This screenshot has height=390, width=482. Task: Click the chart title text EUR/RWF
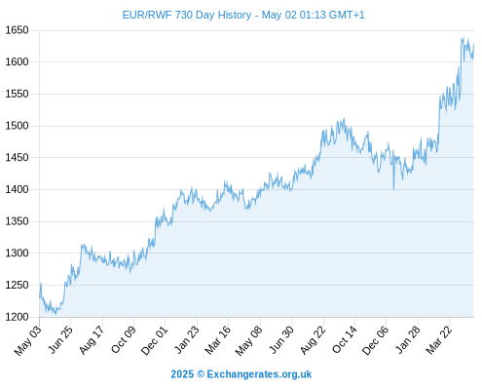pos(147,15)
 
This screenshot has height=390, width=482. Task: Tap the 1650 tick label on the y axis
pos(17,30)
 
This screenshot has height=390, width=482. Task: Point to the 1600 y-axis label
pos(17,61)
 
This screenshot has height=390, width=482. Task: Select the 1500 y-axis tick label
pos(17,126)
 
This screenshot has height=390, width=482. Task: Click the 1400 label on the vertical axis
pos(17,189)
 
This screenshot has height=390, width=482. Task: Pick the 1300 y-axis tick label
pos(17,253)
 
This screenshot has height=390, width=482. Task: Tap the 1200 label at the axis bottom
pos(17,317)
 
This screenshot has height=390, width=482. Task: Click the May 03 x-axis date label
pos(28,340)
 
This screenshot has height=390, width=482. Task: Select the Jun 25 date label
pos(60,339)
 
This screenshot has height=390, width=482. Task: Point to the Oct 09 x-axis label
pos(123,339)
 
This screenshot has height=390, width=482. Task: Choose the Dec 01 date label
pos(154,340)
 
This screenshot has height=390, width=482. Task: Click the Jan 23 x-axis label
pos(186,339)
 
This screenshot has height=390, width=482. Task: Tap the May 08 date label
pos(248,340)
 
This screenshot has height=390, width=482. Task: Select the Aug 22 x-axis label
pos(312,339)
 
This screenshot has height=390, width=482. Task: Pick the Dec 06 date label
pos(375,340)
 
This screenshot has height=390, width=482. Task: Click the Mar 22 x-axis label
pos(438,339)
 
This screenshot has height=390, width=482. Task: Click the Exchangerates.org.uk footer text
pos(259,374)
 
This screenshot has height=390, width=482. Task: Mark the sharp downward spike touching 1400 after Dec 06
pos(393,188)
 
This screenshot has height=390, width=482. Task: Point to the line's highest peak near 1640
pos(463,38)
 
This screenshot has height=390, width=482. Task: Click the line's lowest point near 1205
pos(56,314)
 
